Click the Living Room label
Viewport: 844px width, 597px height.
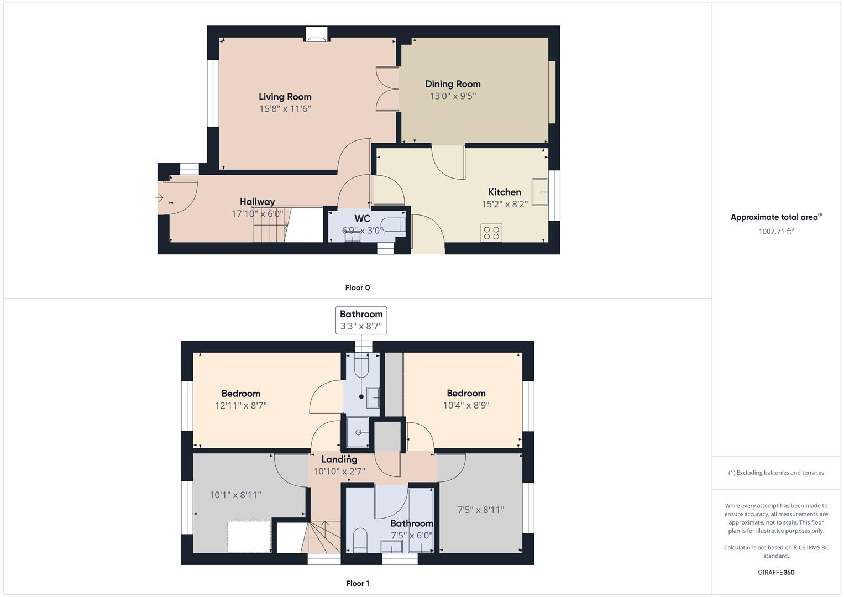point(285,97)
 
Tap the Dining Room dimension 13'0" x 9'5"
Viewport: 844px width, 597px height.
point(453,96)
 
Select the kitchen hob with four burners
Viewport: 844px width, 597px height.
point(491,233)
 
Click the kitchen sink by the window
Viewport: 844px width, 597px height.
point(539,192)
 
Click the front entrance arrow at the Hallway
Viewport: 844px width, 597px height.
point(160,198)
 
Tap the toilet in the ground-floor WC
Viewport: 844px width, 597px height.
point(396,225)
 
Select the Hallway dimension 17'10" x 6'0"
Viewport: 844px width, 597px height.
point(257,213)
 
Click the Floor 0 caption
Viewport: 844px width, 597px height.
point(358,287)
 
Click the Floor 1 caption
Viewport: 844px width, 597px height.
point(358,583)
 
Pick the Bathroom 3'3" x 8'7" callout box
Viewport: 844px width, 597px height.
point(361,320)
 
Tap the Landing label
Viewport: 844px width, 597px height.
point(339,459)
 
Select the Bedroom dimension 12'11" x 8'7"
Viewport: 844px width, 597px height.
point(240,406)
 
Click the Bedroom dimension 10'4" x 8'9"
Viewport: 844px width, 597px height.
point(466,405)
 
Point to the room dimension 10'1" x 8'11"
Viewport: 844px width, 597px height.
point(235,495)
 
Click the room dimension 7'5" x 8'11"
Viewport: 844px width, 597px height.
point(480,510)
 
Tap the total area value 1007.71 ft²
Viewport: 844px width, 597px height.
point(776,232)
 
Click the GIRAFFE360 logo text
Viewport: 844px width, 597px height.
point(776,572)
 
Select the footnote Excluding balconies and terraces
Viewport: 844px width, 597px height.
point(776,473)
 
